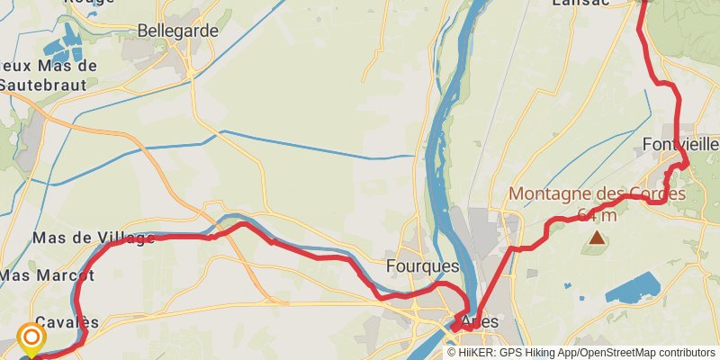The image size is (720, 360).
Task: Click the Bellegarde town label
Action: click(x=178, y=31)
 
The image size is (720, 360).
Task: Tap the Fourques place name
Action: click(x=422, y=266)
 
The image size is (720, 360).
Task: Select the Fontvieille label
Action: click(x=682, y=144)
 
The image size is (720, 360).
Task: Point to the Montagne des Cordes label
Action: click(x=597, y=193)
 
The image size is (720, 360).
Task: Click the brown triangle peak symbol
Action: click(x=597, y=238)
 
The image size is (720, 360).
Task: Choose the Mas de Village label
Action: click(x=94, y=238)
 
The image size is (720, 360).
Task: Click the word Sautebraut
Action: click(x=43, y=85)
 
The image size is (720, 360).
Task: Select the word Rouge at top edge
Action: click(x=89, y=3)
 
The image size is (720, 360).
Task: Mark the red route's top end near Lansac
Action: click(x=643, y=3)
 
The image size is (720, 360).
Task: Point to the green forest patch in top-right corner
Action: click(x=693, y=27)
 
